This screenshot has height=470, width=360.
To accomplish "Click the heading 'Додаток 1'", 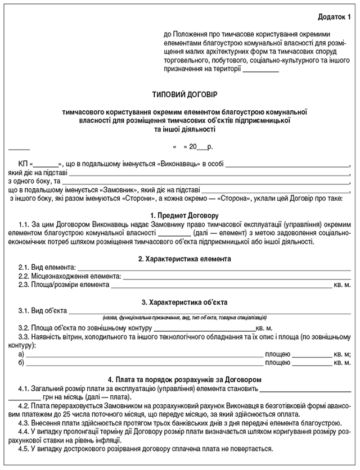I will point(333,18).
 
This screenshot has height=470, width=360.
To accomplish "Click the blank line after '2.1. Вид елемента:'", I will point(213,269).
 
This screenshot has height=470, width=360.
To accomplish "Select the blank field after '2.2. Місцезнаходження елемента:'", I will point(236,277).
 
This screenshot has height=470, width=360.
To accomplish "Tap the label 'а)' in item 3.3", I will point(21,355).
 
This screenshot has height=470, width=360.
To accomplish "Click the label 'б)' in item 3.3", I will point(21,363).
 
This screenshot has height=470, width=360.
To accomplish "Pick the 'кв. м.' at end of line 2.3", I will point(343,285).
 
